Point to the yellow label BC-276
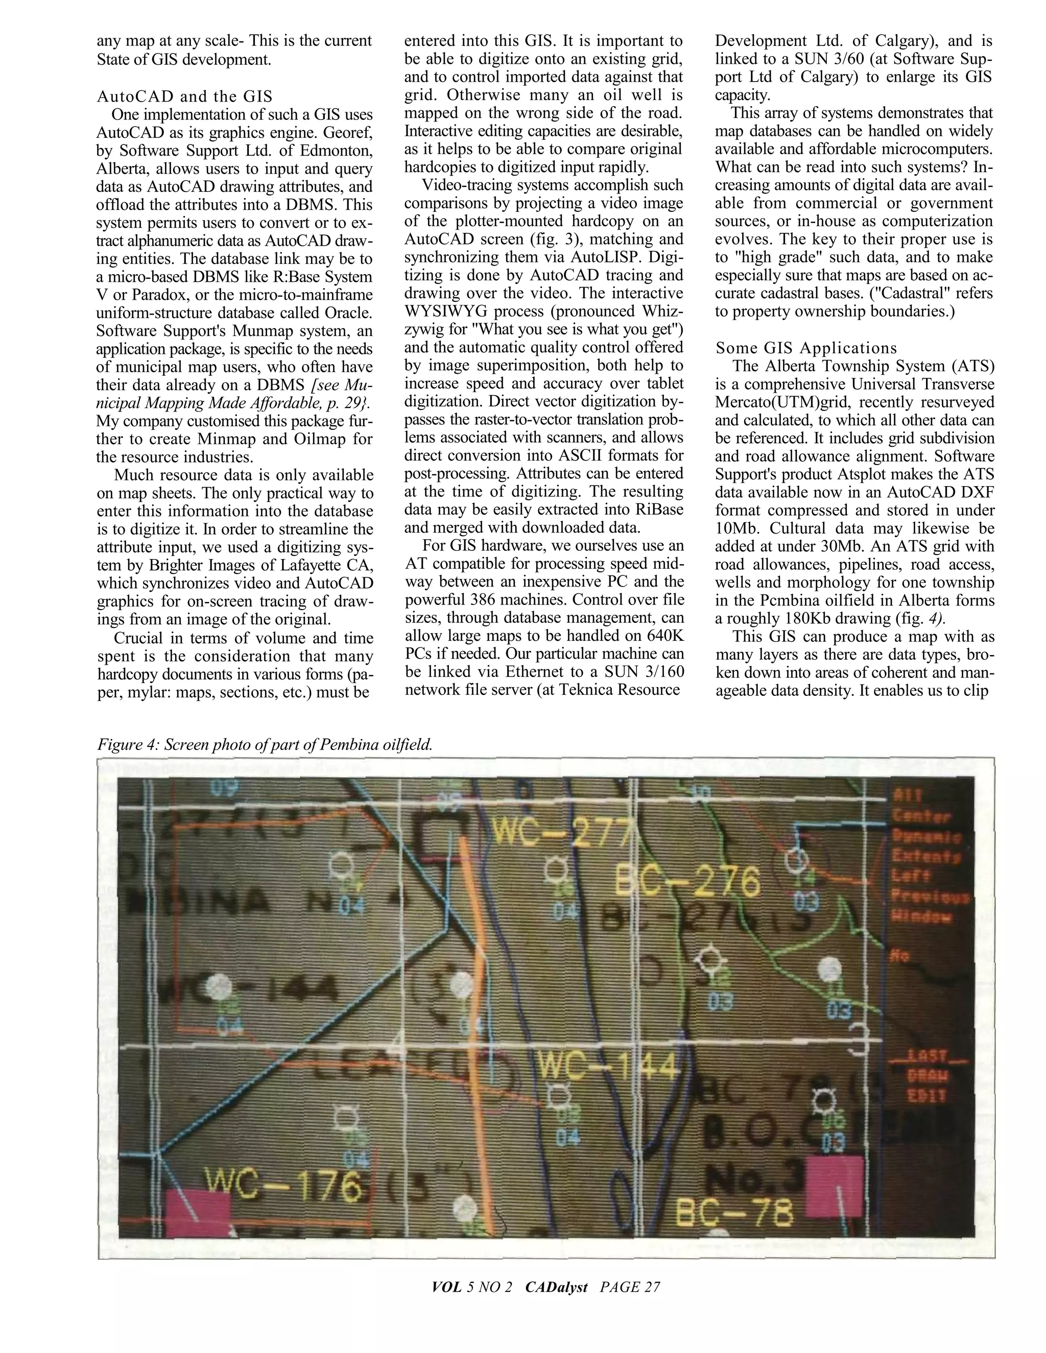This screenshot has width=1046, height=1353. pos(686,882)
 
